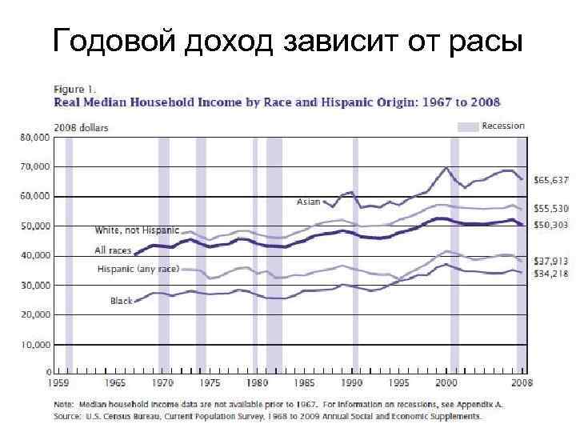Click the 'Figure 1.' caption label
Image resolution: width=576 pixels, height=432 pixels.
[x=74, y=89]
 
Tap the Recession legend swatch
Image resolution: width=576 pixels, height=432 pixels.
[x=467, y=126]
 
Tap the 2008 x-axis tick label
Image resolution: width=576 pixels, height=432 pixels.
[x=522, y=384]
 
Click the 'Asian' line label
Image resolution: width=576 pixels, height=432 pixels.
[x=309, y=202]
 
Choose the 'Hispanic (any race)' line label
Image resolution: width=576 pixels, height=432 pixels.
[x=138, y=269]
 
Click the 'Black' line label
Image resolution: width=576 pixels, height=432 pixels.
[x=121, y=301]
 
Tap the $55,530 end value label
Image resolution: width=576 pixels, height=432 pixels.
[x=550, y=208]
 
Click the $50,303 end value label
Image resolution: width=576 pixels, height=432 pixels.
[x=550, y=224]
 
